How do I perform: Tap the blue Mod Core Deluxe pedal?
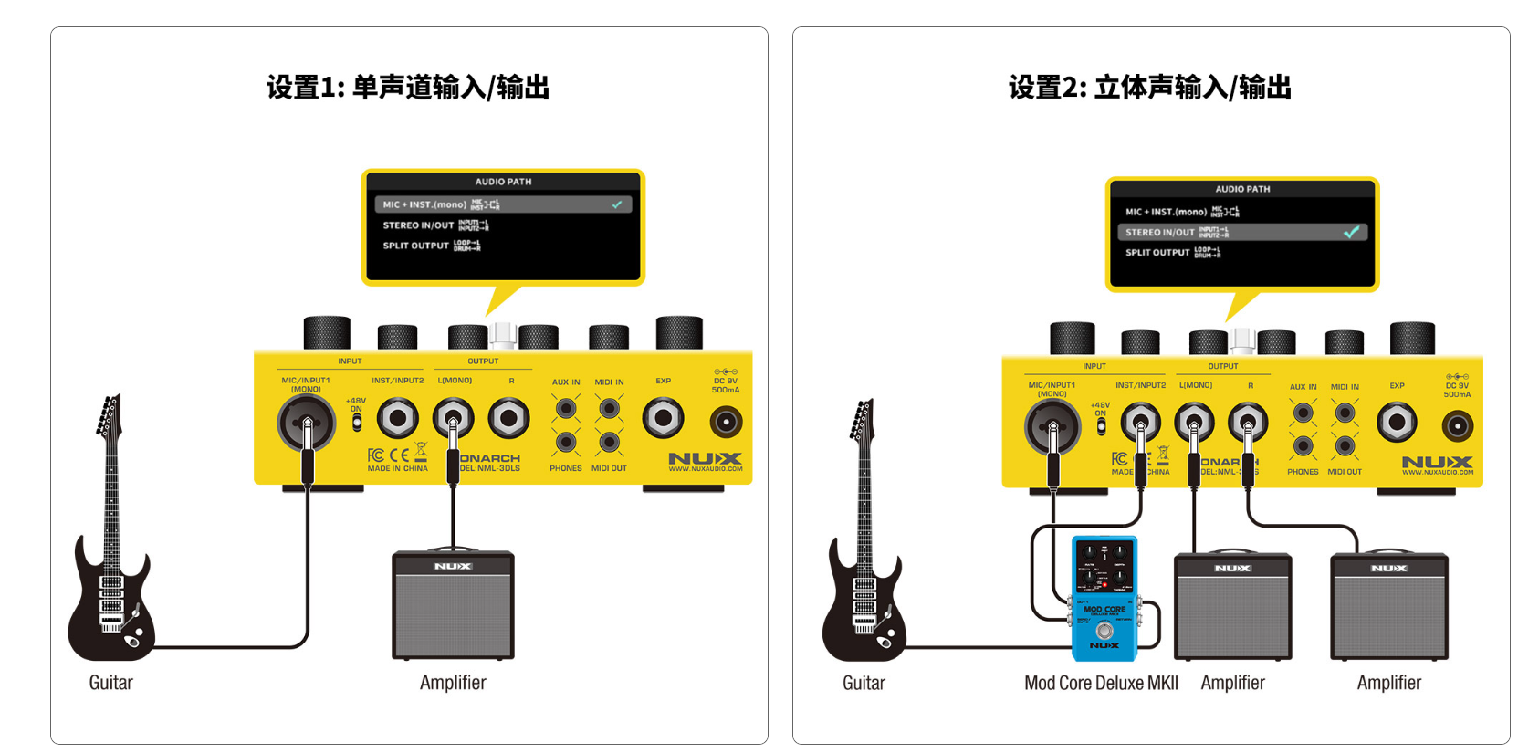1104,598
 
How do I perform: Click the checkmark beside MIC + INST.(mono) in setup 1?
617,204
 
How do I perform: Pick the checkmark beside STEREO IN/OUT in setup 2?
1351,233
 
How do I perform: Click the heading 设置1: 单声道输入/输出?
408,88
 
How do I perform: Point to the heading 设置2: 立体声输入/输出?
1150,88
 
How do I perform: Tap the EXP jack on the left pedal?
663,419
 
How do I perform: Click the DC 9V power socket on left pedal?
726,422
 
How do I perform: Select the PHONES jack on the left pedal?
566,443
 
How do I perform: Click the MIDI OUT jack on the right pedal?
1345,446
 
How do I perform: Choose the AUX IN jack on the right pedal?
1303,413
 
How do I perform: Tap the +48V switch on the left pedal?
357,423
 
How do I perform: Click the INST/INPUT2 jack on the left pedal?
397,419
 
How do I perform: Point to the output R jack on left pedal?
508,419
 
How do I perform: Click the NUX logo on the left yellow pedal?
705,458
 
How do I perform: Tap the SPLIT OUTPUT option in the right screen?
1157,253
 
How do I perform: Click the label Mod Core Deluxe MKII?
1101,683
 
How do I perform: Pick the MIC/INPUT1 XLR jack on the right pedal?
1052,427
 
